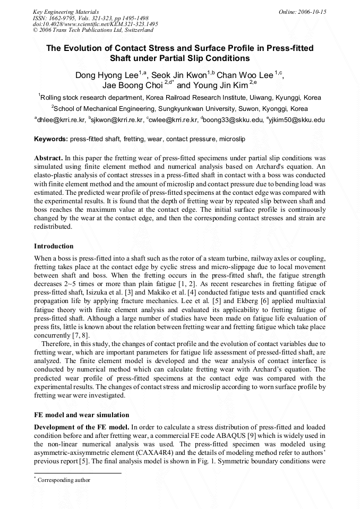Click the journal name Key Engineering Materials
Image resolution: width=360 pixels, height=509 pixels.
click(66, 11)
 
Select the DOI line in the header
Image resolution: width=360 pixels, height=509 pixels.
click(95, 24)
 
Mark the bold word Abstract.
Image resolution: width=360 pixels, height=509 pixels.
click(48, 159)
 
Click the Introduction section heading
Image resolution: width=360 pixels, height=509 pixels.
click(54, 246)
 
